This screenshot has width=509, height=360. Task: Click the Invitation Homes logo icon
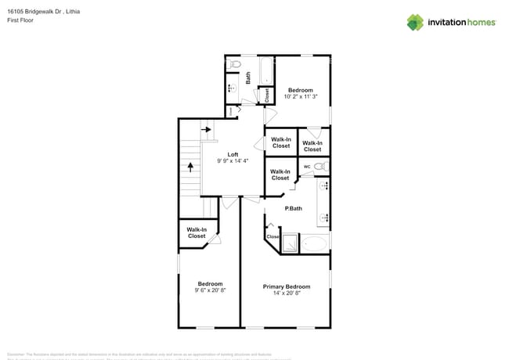(x=415, y=22)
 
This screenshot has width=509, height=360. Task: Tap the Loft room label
(x=233, y=154)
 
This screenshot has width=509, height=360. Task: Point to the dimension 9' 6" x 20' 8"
(x=209, y=290)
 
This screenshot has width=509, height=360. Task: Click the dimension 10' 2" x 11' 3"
(x=301, y=97)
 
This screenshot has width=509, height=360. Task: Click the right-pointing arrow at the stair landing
(x=207, y=129)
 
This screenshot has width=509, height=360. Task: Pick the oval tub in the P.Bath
(x=315, y=243)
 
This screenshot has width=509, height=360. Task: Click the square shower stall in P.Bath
(x=290, y=243)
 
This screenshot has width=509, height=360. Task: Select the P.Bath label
(x=293, y=207)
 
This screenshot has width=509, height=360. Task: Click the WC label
(x=307, y=166)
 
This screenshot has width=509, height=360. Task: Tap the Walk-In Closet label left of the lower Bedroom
(x=196, y=232)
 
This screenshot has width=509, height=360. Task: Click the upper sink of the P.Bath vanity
(x=323, y=185)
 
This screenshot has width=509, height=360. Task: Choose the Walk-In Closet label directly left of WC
(x=280, y=175)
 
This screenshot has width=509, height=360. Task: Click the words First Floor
(x=20, y=21)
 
